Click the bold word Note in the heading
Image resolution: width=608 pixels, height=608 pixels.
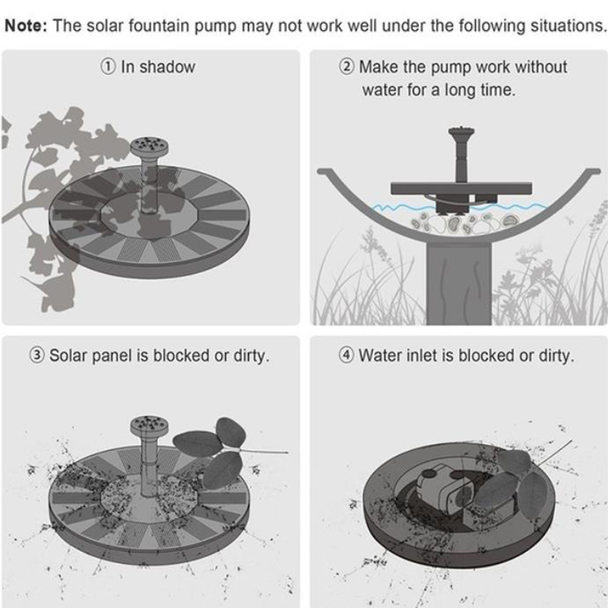pos(25,26)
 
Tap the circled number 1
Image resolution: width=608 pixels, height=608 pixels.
pos(108,67)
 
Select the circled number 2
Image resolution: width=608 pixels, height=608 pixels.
pos(347,67)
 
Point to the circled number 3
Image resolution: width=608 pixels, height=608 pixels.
pos(36,355)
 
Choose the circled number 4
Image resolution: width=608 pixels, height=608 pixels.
pos(347,355)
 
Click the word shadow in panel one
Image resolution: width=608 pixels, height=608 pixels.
pos(167,67)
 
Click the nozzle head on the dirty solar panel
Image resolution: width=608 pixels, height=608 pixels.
pos(149,426)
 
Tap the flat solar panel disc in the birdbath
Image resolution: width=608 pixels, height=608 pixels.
pos(461,188)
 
